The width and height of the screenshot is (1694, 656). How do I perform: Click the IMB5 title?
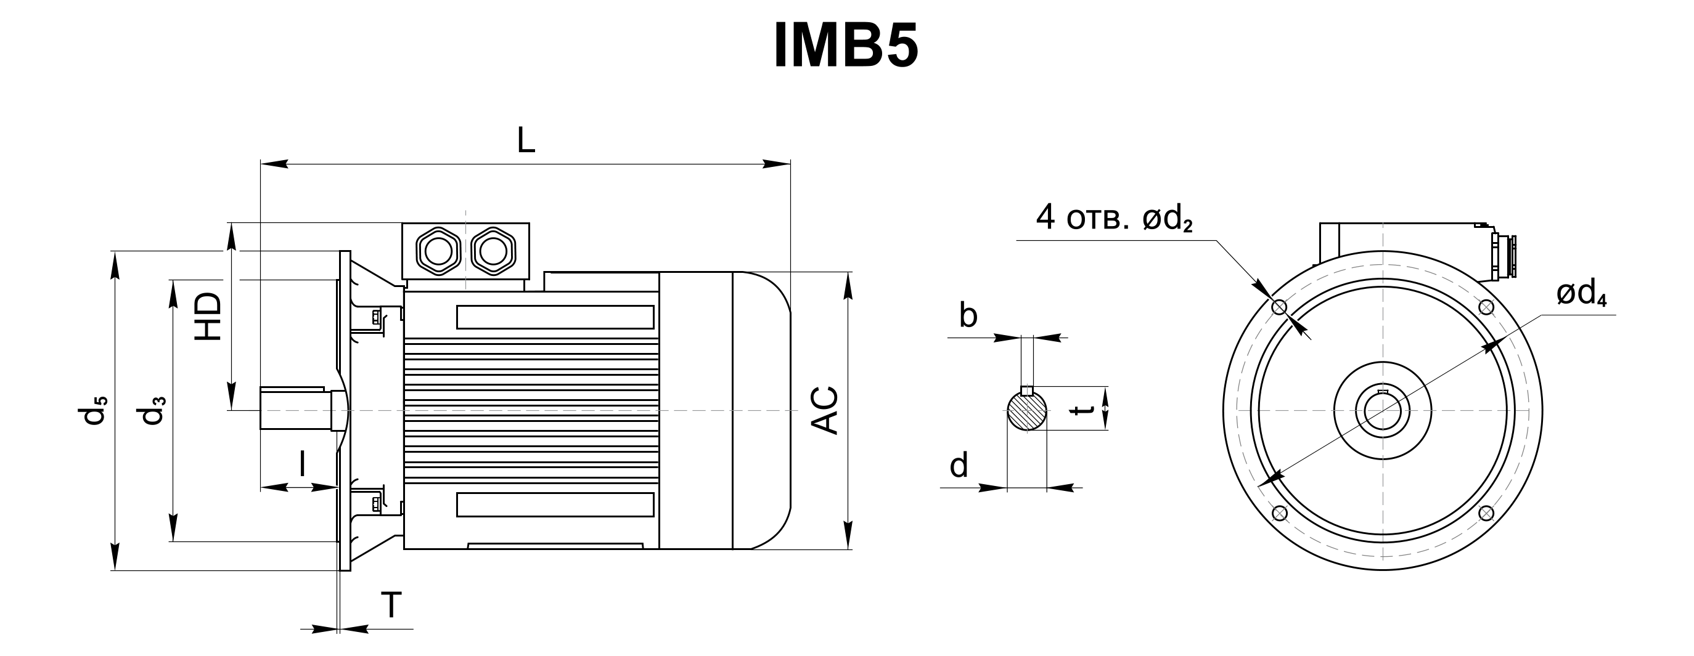point(846,46)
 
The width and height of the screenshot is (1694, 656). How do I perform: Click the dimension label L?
point(525,139)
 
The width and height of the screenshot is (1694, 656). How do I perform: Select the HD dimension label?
point(209,316)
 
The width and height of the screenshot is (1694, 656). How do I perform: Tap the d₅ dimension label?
point(92,410)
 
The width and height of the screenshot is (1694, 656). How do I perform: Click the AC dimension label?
point(825,410)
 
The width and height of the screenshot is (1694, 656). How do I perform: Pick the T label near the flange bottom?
point(391,605)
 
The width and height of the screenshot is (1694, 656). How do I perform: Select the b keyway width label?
point(968,315)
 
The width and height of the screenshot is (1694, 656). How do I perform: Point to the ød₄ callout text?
point(1582,294)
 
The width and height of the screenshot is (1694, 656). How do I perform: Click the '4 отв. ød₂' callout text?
point(1114,217)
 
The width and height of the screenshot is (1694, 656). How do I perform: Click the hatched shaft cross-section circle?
point(1027,411)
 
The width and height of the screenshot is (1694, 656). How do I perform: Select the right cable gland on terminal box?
point(493,251)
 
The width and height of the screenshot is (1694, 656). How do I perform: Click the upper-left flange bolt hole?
point(1279,307)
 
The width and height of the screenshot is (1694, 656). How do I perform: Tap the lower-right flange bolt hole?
point(1486,513)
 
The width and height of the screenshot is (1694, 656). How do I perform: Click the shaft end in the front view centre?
point(1383,411)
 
